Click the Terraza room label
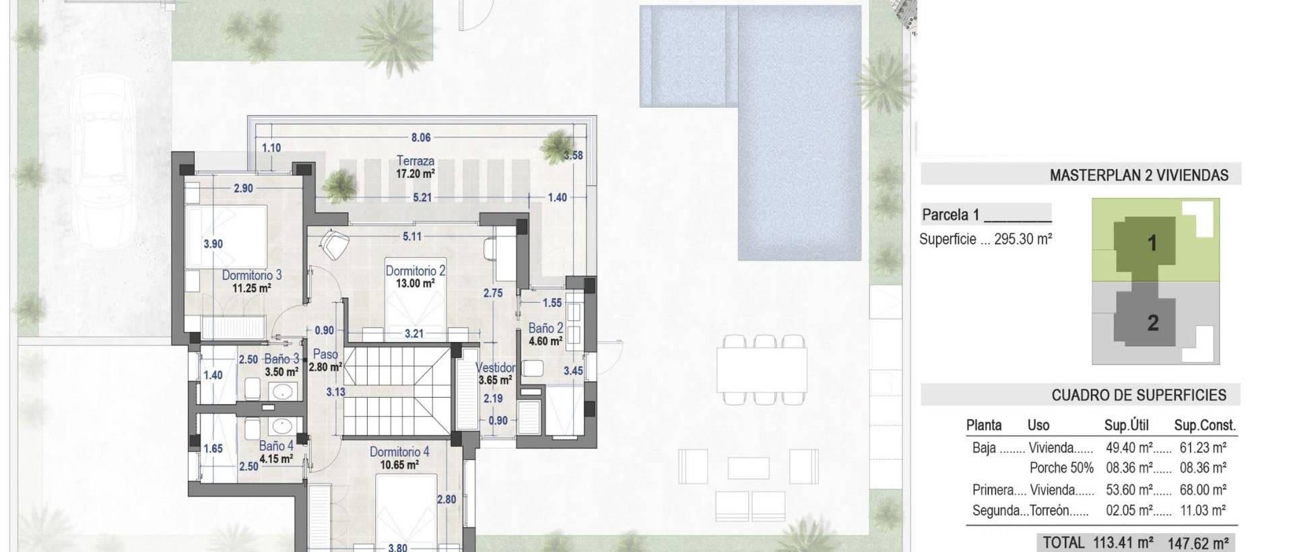415,161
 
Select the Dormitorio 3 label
252,275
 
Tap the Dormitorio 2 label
415,271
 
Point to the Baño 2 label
545,329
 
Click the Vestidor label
495,368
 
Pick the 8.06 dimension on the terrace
421,137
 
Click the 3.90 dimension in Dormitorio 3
213,244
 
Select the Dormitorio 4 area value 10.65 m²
399,464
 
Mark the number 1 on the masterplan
1152,243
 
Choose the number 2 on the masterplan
1153,323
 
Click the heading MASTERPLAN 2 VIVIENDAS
1139,176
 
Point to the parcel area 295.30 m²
1022,239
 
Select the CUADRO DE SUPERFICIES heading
1139,395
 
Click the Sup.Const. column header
1205,425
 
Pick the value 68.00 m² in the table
1202,490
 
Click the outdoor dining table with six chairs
762,370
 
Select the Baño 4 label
276,446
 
